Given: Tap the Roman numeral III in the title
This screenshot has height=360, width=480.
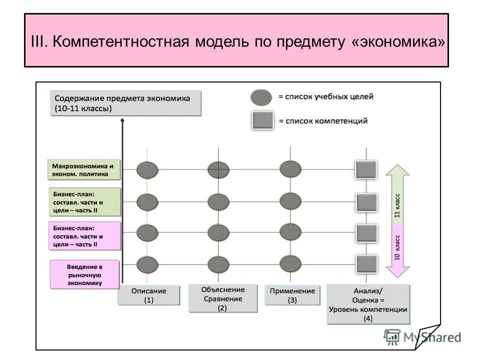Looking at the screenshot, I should click(x=38, y=41).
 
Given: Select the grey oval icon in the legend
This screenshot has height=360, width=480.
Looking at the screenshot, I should click(x=261, y=97).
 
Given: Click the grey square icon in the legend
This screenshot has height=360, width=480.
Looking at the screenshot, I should click(x=263, y=120).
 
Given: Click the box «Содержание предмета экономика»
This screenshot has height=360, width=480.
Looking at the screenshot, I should click(x=126, y=103).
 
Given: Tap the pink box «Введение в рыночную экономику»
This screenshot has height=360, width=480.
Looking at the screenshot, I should click(x=84, y=274).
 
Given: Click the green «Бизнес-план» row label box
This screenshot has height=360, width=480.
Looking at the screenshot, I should click(x=84, y=202).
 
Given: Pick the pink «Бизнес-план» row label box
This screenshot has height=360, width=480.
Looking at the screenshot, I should click(x=84, y=236).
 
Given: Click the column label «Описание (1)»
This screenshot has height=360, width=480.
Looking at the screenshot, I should click(x=148, y=295).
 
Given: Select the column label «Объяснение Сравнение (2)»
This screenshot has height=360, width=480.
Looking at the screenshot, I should click(x=222, y=298).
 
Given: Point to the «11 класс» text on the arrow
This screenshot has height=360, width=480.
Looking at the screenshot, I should click(x=397, y=206).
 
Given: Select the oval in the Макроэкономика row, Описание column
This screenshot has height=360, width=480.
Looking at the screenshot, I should click(x=147, y=169).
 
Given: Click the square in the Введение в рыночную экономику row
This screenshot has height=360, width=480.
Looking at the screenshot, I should click(x=366, y=263).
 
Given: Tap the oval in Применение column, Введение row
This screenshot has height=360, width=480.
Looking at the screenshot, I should click(x=290, y=263).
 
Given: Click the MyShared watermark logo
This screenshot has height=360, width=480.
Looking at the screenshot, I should click(x=422, y=337).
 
